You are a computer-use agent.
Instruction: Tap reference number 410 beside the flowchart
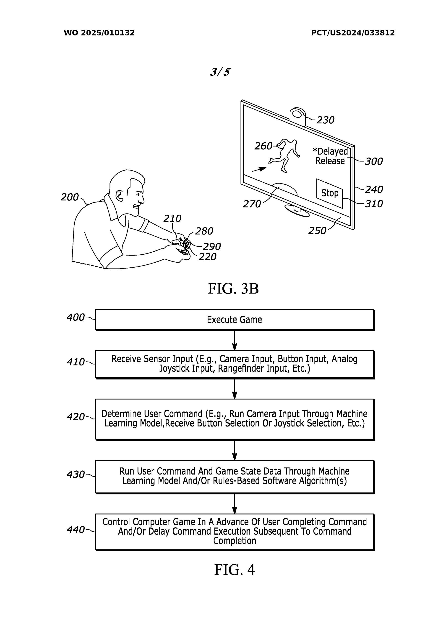click(76, 362)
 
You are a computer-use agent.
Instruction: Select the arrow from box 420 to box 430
click(235, 450)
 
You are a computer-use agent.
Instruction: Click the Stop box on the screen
click(329, 193)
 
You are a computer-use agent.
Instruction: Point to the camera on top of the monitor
click(297, 116)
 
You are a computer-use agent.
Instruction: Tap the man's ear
click(119, 196)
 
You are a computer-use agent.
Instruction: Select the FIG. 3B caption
click(233, 289)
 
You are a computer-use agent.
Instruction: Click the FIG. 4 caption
click(234, 570)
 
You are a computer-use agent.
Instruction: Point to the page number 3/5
click(220, 72)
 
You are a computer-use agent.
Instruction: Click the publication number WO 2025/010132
click(99, 33)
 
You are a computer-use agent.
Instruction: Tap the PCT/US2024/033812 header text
click(353, 33)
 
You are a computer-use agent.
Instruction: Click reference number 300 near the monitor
click(374, 161)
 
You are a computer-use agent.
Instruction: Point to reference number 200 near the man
click(69, 197)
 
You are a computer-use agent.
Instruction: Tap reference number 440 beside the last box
click(76, 530)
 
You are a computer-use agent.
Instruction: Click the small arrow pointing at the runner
click(259, 169)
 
